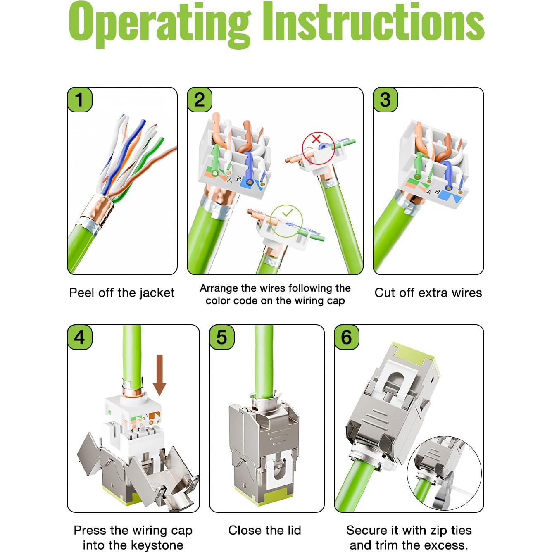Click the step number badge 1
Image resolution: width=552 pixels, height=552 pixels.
click(x=80, y=100)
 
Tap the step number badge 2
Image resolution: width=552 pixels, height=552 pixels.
click(x=200, y=100)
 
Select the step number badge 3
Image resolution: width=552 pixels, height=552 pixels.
click(x=385, y=100)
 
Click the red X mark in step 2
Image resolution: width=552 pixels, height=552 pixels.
click(x=316, y=139)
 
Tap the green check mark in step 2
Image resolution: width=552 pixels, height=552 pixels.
click(x=287, y=213)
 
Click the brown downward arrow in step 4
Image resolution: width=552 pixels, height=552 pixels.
click(x=159, y=375)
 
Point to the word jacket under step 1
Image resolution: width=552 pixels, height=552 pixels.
click(x=157, y=293)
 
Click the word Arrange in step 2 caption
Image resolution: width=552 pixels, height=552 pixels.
click(x=219, y=288)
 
